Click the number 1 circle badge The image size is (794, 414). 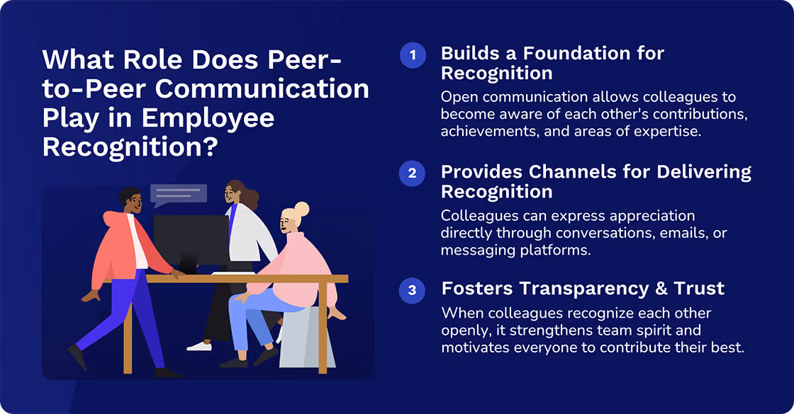412,55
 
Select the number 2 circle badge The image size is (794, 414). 412,173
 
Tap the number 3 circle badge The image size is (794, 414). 412,290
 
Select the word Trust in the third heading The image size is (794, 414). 698,289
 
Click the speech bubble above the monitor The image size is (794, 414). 178,194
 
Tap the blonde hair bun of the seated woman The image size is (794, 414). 301,209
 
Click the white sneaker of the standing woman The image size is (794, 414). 199,346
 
